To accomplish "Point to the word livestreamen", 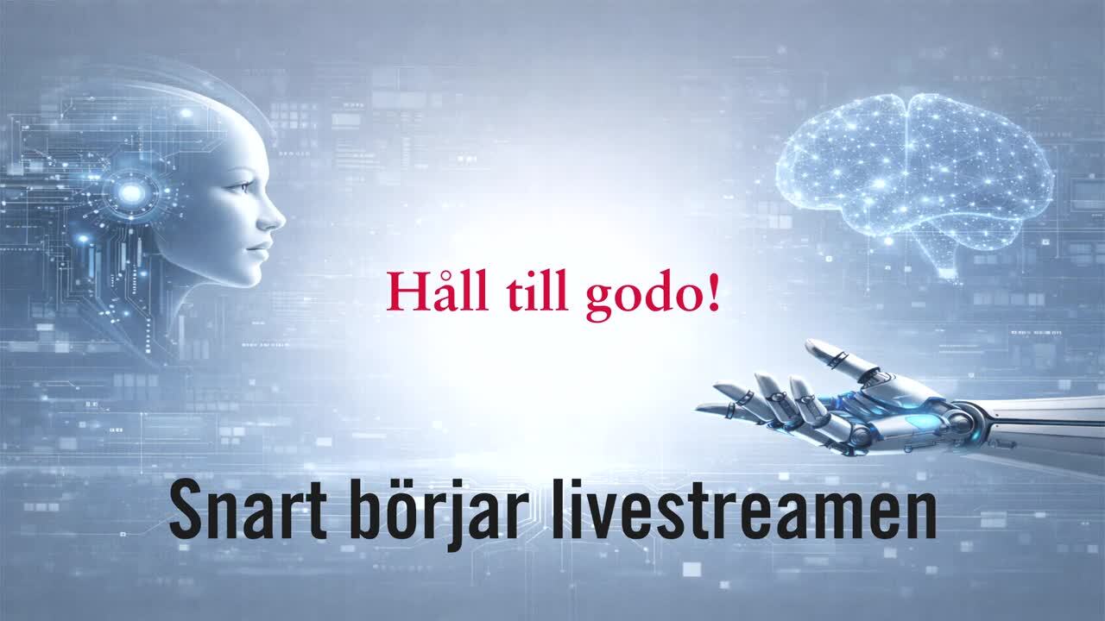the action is pos(743,509).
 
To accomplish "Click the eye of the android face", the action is pos(243,187).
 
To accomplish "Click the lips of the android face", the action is pos(261,249).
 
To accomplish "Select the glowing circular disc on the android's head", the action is pos(132,192).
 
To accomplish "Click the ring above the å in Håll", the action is pos(439,275).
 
